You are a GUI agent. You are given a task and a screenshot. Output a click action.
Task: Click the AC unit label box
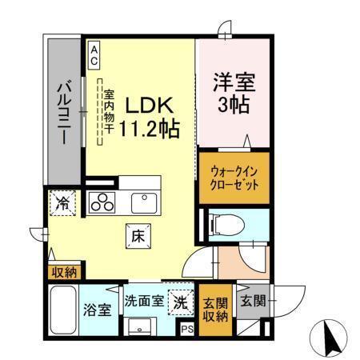tap(94, 54)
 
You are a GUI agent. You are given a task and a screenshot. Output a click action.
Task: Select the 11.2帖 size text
tap(149, 127)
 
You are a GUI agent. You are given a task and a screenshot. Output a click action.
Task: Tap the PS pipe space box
tap(187, 328)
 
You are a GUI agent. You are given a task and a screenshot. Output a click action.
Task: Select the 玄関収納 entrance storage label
tap(214, 309)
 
